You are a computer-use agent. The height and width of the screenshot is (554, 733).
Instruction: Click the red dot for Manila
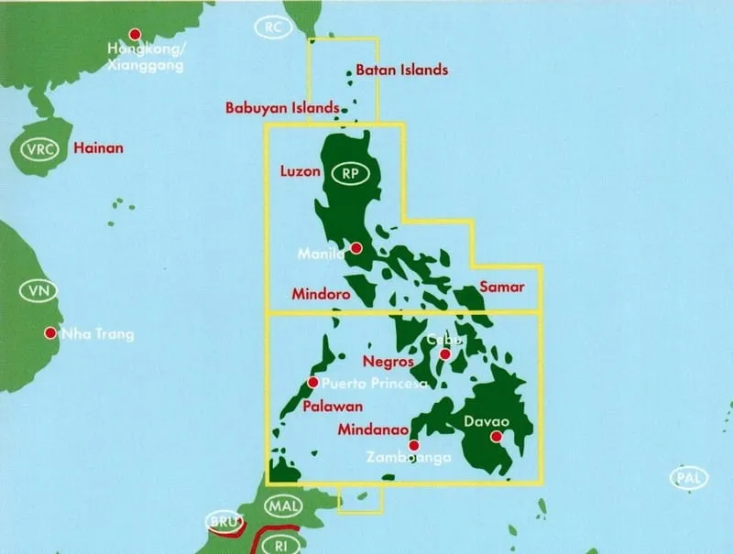tap(356, 247)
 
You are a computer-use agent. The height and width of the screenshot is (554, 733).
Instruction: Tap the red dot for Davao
tap(497, 438)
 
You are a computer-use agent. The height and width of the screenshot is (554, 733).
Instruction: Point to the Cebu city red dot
tap(445, 354)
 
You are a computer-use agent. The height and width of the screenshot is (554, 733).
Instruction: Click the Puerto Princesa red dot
tap(313, 382)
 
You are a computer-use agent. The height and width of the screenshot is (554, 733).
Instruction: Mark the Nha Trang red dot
tap(49, 333)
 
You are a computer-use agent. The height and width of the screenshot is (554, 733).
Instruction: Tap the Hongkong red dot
tap(136, 33)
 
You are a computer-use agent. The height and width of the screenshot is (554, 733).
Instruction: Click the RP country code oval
tap(348, 172)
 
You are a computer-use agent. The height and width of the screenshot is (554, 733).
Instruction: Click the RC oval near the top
tap(272, 27)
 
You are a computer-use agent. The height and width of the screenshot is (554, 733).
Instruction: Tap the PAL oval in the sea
tap(689, 476)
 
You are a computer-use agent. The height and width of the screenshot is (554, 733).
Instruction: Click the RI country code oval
tap(277, 543)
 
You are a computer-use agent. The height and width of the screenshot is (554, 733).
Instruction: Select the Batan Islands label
tap(402, 70)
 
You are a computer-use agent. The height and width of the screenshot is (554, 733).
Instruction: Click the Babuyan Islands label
tap(282, 107)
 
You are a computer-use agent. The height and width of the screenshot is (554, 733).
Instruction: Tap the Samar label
tap(502, 287)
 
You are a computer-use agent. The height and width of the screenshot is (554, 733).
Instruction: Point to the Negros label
tap(388, 361)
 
